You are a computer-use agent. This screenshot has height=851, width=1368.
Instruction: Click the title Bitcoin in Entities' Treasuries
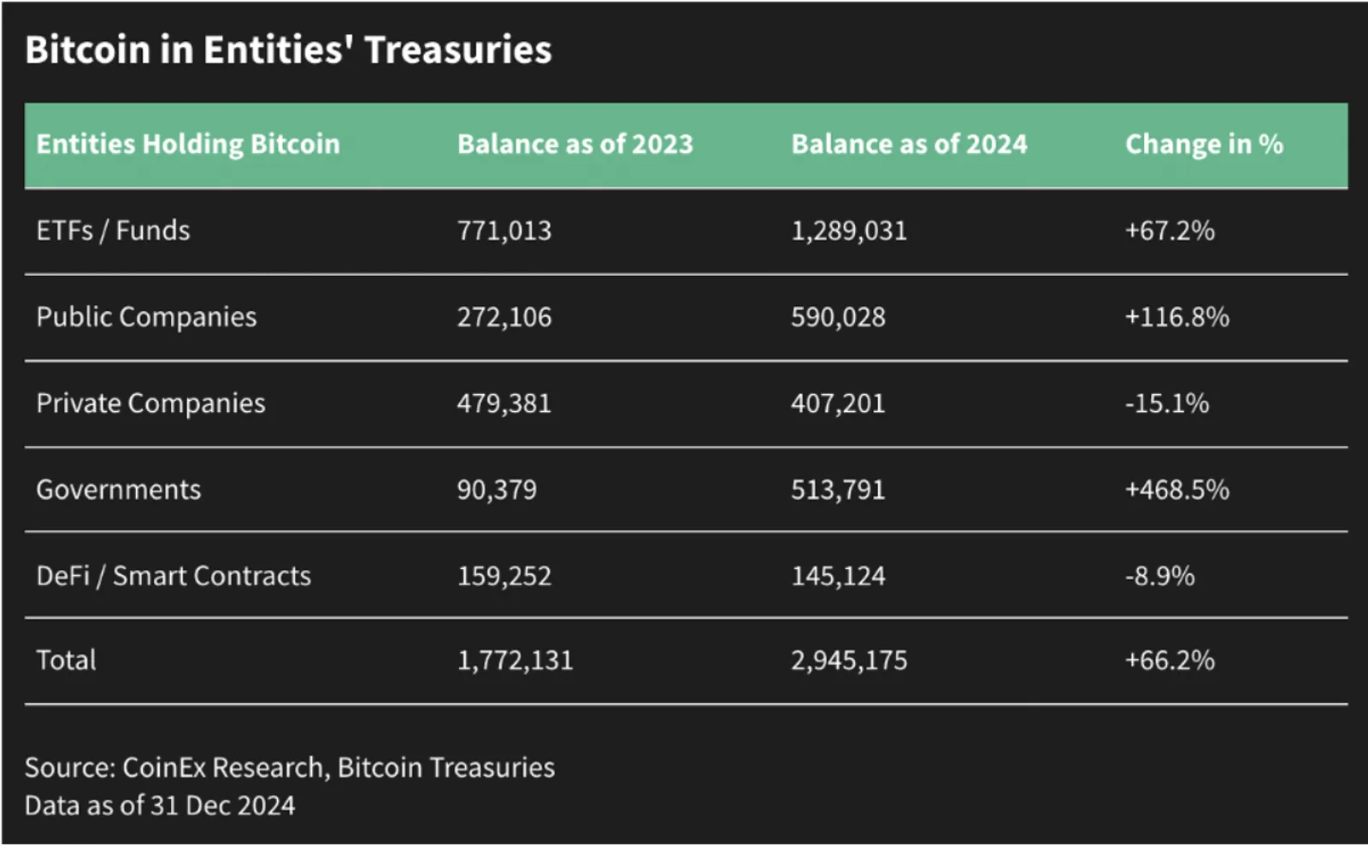288,50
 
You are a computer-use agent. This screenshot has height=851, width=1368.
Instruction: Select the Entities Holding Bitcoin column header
188,144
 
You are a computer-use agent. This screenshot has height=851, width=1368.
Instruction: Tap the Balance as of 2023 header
575,144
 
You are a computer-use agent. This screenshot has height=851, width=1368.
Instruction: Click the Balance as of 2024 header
910,144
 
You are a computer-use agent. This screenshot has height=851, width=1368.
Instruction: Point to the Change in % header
1205,144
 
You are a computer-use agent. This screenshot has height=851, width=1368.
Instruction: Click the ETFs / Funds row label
113,231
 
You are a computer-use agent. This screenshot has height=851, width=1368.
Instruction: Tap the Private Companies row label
150,403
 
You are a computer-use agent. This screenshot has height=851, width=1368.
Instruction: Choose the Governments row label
119,490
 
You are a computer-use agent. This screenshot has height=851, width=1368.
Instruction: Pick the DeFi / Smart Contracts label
174,576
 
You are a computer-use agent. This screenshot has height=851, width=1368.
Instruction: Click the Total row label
66,660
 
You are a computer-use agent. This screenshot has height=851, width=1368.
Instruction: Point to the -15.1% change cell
1167,403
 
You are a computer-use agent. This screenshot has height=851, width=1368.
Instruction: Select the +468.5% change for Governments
1177,490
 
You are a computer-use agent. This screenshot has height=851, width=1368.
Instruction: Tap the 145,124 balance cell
839,576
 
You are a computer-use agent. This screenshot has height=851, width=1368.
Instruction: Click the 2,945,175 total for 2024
850,660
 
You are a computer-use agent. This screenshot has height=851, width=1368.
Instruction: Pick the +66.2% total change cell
1170,660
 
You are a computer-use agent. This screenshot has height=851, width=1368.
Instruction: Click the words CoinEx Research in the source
222,768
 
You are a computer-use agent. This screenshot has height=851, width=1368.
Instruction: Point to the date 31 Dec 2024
222,806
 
